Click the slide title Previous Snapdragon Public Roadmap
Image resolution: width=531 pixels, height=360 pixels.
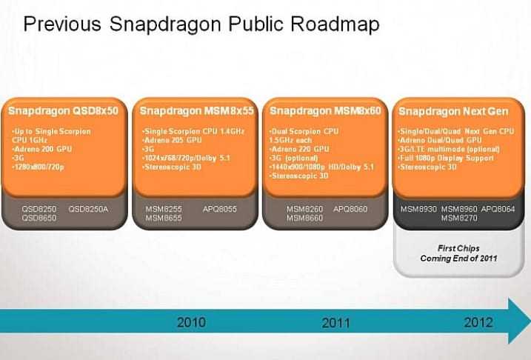(201, 24)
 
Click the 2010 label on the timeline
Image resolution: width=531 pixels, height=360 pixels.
(192, 322)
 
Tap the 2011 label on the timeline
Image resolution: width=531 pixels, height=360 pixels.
(335, 323)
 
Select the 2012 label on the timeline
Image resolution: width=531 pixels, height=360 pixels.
(478, 322)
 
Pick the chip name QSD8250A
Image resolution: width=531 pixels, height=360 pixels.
(89, 210)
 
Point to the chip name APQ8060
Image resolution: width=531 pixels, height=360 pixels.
(350, 210)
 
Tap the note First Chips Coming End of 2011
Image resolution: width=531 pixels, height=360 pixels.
(459, 253)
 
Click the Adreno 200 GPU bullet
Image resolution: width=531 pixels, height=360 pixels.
(41, 147)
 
